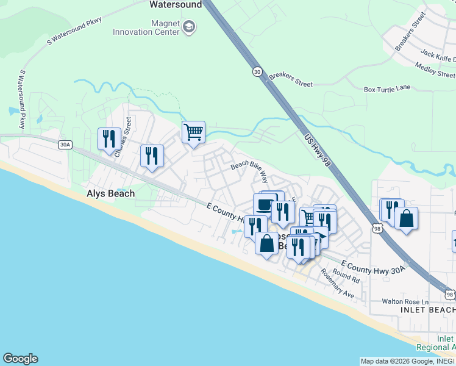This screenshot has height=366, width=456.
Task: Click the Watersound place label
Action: pyautogui.click(x=176, y=4)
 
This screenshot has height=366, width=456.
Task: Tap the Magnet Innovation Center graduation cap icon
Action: pyautogui.click(x=189, y=27)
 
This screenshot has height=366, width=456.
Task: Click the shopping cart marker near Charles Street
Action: pyautogui.click(x=193, y=132)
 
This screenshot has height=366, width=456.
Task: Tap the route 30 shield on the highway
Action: pyautogui.click(x=257, y=72)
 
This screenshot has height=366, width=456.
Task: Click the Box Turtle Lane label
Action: pyautogui.click(x=387, y=88)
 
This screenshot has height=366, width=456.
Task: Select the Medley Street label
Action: pyautogui.click(x=435, y=68)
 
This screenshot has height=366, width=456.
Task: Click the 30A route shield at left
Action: pyautogui.click(x=65, y=145)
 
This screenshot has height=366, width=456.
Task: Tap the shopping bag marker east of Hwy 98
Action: pyautogui.click(x=406, y=218)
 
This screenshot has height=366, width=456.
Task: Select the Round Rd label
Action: pyautogui.click(x=346, y=276)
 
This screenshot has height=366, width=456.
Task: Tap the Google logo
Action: pyautogui.click(x=20, y=359)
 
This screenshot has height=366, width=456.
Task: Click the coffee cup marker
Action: pyautogui.click(x=264, y=204)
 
